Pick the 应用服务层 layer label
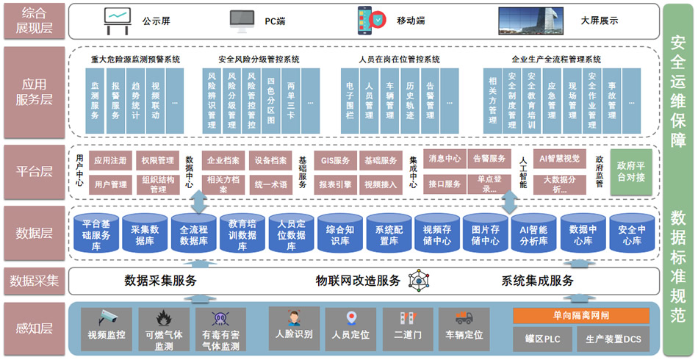pos(34,93)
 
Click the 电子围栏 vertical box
pos(350,101)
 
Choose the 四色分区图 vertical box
pos(271,101)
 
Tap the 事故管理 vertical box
pos(611,101)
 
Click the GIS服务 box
pos(337,159)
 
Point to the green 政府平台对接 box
pos(632,171)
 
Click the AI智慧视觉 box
pos(559,158)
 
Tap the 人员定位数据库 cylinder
pos(291,233)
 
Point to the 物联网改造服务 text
pos(358,280)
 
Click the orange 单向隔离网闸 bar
pos(580,316)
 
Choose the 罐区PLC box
pos(542,339)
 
